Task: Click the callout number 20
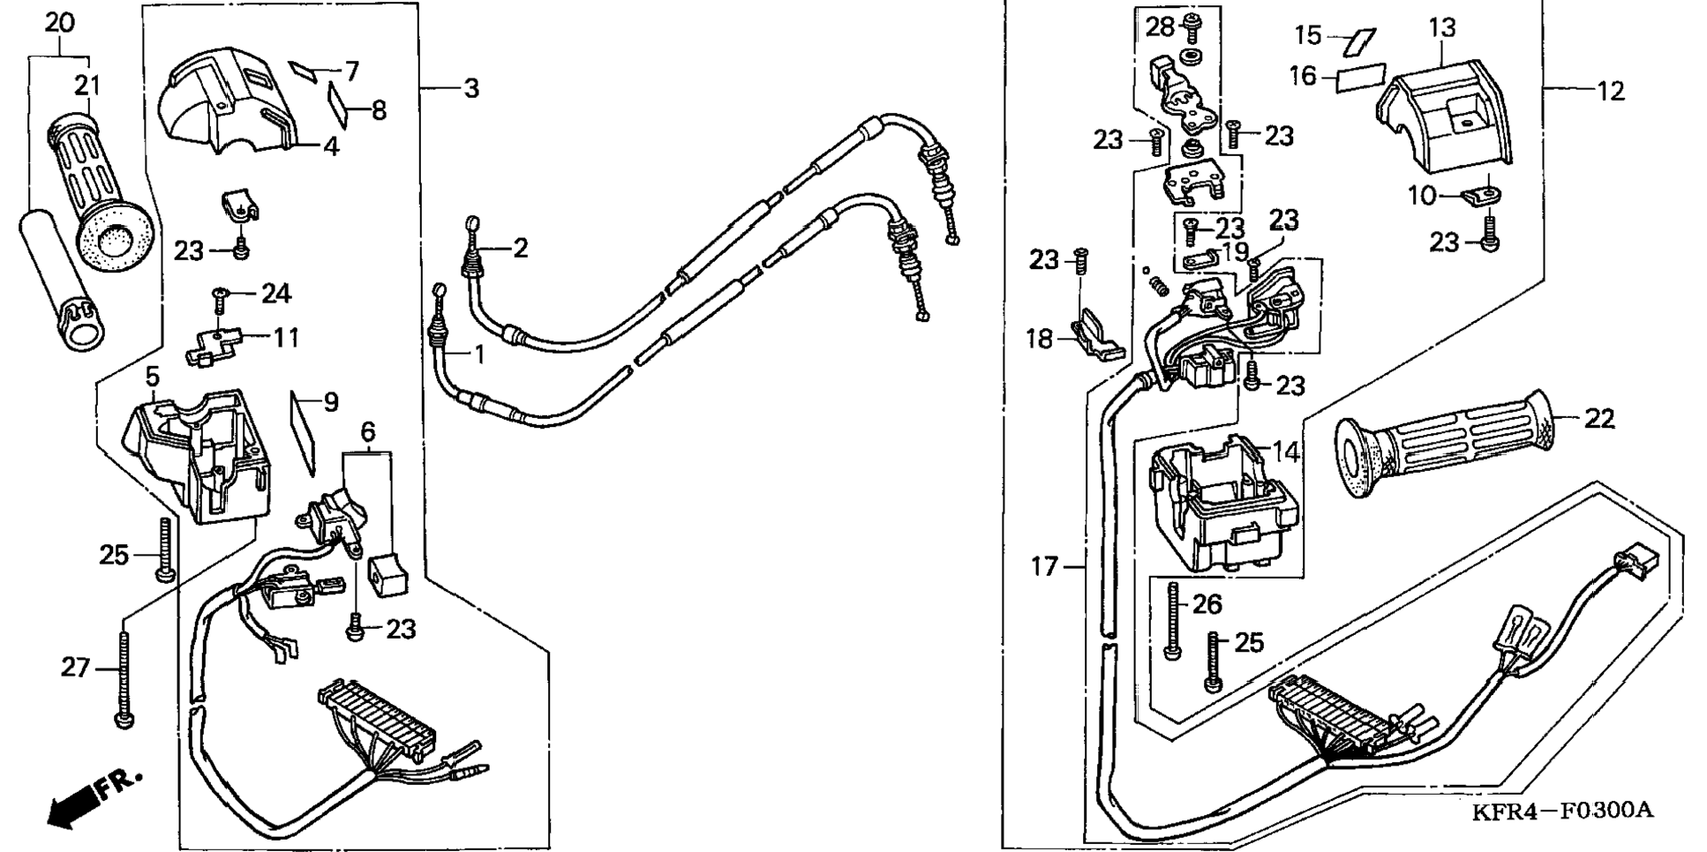tap(60, 23)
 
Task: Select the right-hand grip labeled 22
tap(1448, 445)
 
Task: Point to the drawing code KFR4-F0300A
tap(1561, 811)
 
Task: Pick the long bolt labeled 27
tap(124, 679)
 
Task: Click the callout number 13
tap(1442, 28)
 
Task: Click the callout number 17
tap(1044, 566)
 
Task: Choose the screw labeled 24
tap(220, 299)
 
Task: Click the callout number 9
tap(331, 403)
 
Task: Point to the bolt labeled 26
tap(1173, 622)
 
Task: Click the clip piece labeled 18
tap(1094, 340)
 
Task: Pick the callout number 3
tap(471, 88)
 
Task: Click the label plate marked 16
tap(1362, 77)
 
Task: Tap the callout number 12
tap(1611, 91)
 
